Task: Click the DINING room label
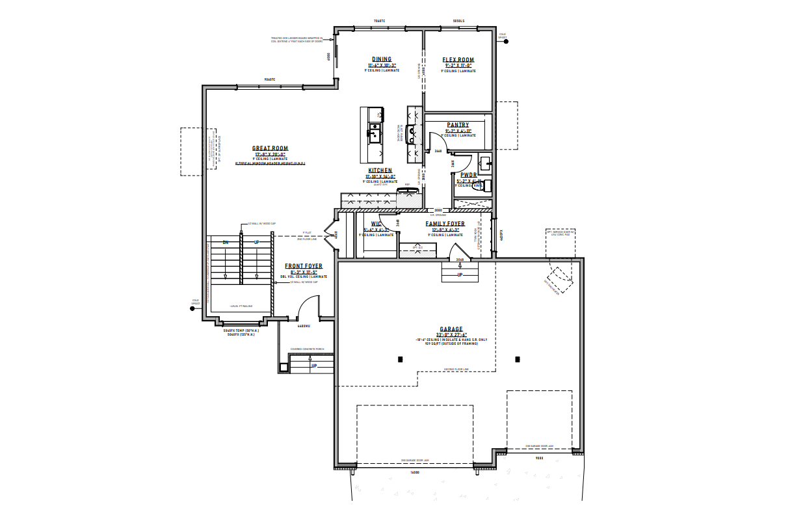(382, 59)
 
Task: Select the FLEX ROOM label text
(458, 59)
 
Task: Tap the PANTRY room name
(458, 125)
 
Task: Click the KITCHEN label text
(381, 170)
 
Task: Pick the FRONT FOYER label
(304, 266)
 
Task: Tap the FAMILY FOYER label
(445, 224)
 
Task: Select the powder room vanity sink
(484, 161)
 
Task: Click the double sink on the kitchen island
(375, 135)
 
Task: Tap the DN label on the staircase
(226, 243)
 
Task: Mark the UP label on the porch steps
(313, 366)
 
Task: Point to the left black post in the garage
(401, 359)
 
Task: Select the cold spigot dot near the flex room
(506, 42)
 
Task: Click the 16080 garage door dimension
(415, 472)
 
